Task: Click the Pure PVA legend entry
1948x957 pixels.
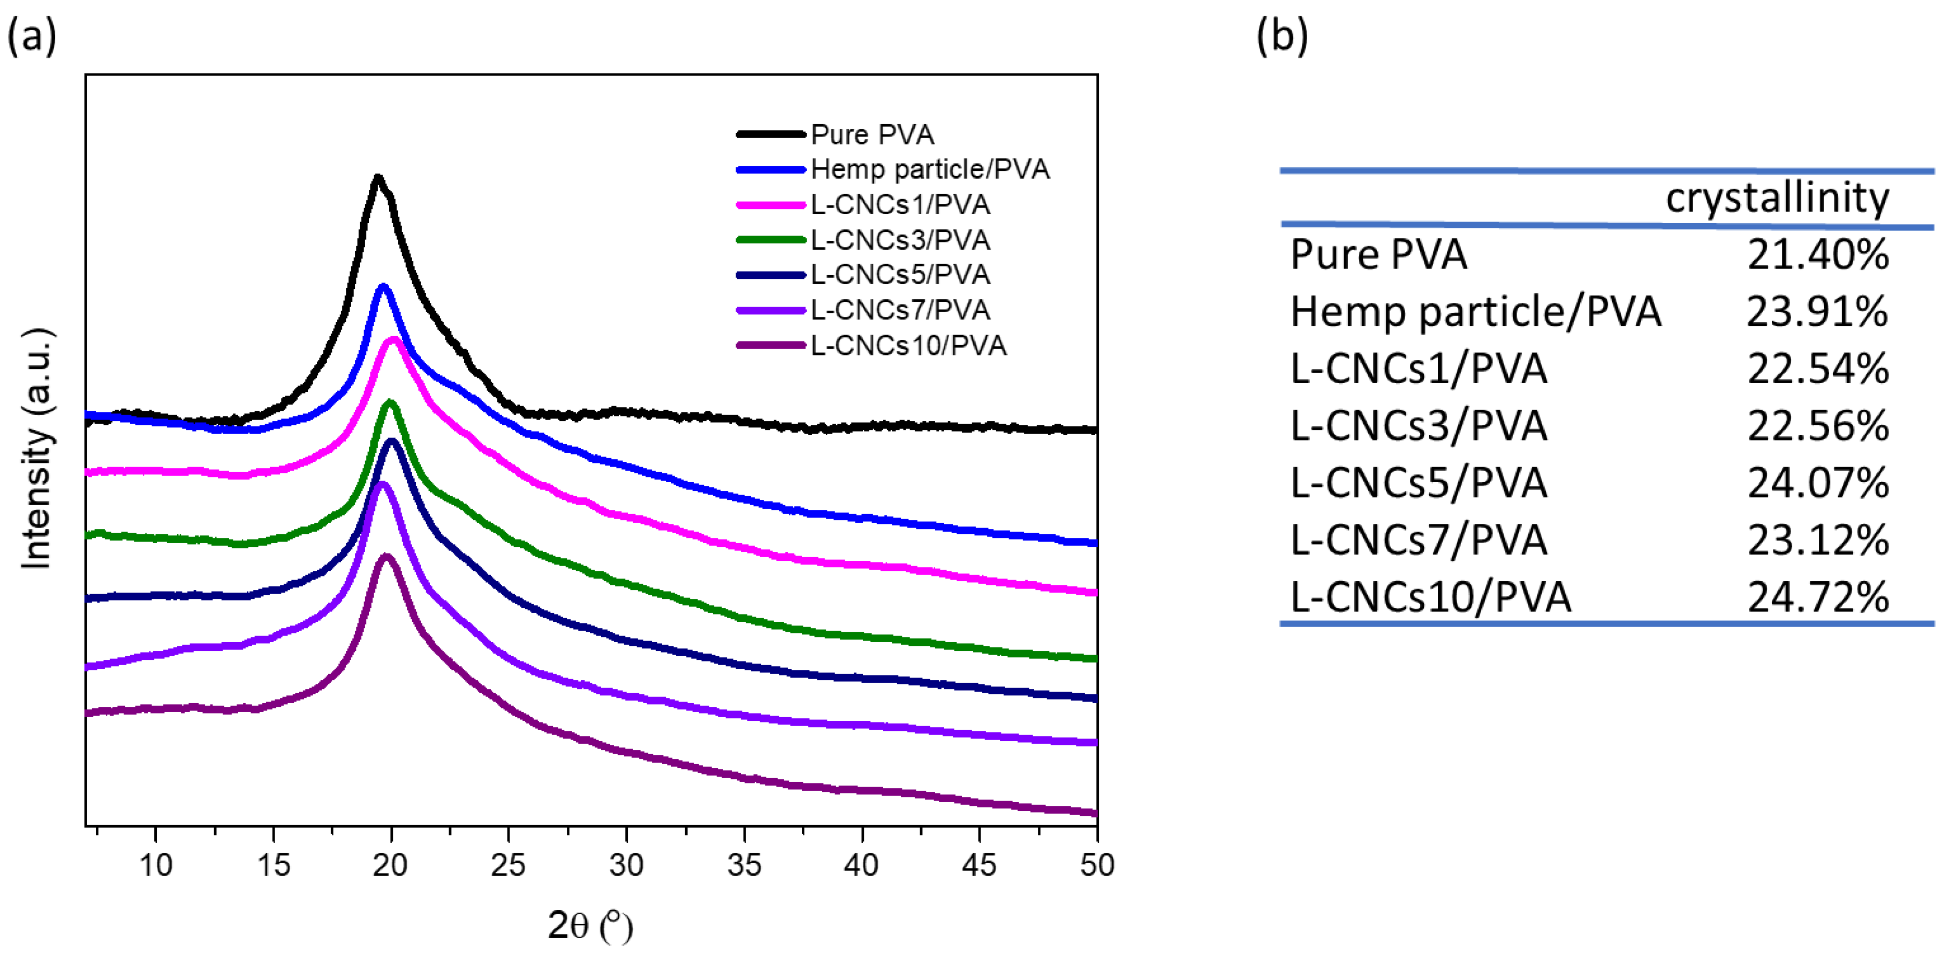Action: [872, 134]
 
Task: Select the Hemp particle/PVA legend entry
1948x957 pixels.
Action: [929, 169]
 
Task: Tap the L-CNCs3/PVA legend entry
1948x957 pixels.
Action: [900, 240]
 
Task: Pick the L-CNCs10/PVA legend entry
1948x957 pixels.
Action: [908, 346]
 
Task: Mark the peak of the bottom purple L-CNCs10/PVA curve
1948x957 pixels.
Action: [387, 557]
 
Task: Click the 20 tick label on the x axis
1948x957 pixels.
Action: [390, 865]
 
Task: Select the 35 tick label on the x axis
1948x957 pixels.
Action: [744, 865]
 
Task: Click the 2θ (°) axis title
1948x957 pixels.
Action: [590, 925]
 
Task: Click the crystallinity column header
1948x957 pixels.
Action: [1777, 198]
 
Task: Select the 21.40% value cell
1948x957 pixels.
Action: [1817, 255]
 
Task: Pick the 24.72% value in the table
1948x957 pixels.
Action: [1817, 598]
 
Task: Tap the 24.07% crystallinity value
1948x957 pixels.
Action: [1817, 483]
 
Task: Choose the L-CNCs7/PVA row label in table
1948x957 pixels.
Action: [1418, 540]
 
